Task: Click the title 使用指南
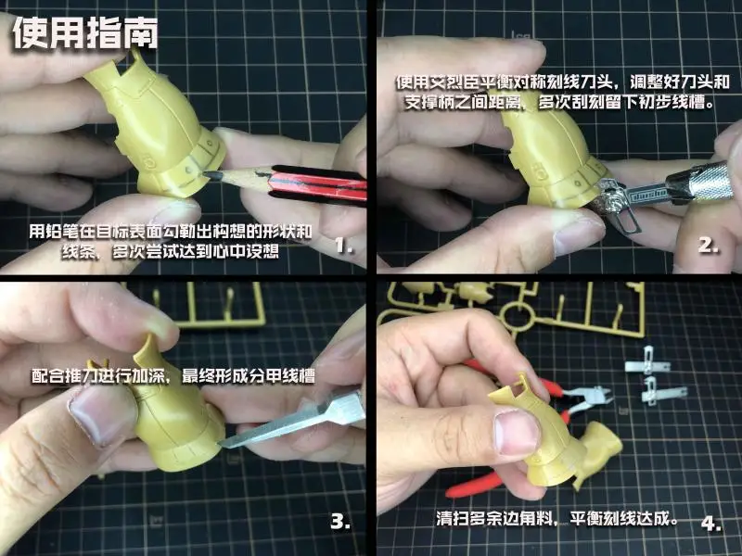[x=85, y=33]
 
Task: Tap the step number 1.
[x=344, y=245]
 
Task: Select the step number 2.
[x=709, y=245]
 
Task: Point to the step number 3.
[x=340, y=521]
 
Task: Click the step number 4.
[x=711, y=524]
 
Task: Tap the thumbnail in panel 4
[x=517, y=432]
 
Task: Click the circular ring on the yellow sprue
[x=518, y=314]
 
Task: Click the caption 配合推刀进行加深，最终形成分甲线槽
[x=173, y=376]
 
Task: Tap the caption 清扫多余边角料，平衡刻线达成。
[x=557, y=519]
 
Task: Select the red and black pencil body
[x=317, y=185]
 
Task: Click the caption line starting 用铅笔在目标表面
[x=171, y=232]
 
